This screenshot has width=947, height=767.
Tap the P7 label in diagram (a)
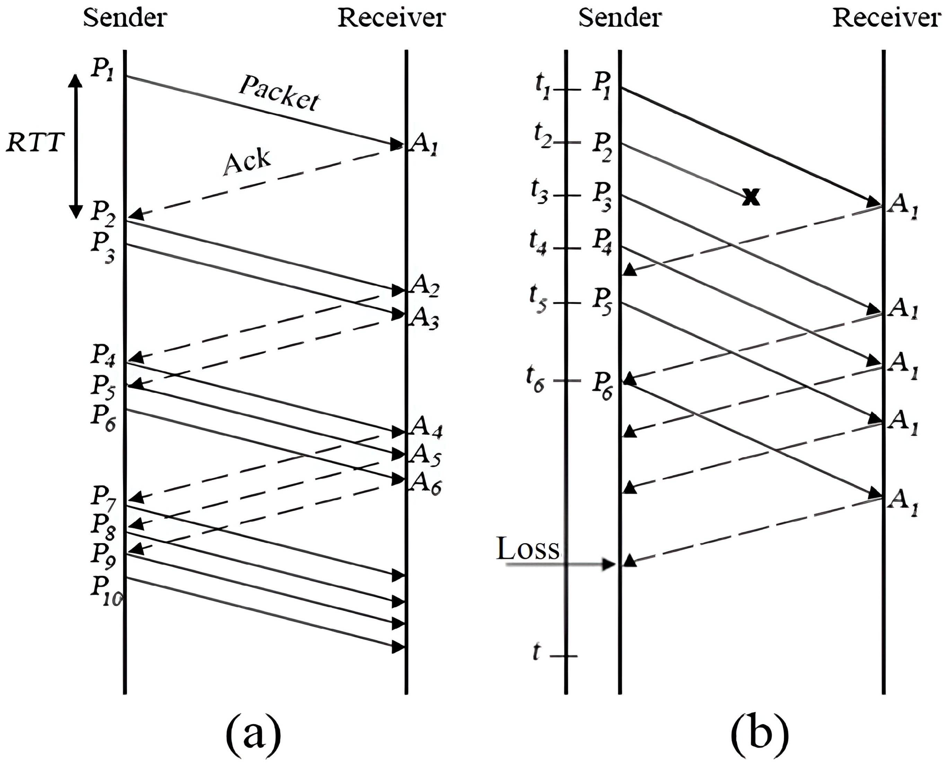(103, 497)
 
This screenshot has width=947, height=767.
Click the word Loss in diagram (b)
(528, 549)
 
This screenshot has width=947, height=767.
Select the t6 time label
(535, 380)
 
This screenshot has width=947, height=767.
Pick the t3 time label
(539, 193)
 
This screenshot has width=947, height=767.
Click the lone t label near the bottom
(536, 652)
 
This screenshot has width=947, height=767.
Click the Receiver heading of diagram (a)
(391, 19)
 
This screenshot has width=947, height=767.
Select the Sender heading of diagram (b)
(620, 19)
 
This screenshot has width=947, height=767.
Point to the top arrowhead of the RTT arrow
(76, 80)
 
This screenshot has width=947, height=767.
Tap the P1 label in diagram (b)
(602, 85)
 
